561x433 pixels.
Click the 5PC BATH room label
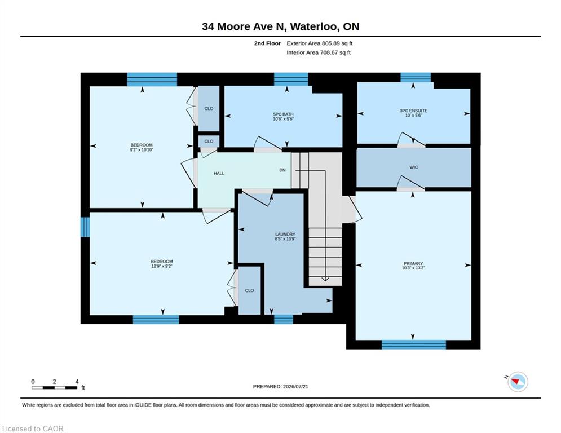tap(283, 114)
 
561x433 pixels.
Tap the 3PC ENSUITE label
tap(414, 111)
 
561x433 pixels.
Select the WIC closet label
tap(414, 167)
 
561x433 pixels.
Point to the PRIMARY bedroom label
tap(413, 263)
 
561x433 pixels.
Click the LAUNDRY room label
tap(285, 235)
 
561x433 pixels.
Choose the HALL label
tap(219, 173)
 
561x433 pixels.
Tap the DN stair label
tap(282, 170)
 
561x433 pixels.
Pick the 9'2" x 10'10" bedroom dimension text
tap(142, 150)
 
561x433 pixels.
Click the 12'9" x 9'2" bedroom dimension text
tap(162, 266)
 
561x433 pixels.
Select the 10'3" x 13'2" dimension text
tap(413, 268)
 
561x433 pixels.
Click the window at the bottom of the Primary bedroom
tap(414, 344)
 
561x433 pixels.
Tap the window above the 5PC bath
tap(291, 79)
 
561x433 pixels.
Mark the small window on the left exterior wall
tap(85, 227)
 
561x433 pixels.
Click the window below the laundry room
tap(284, 319)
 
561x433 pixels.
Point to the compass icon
tap(518, 382)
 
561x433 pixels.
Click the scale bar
tap(54, 387)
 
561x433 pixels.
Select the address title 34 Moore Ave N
tap(245, 26)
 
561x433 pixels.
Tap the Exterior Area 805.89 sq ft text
tap(320, 43)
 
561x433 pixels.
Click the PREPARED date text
tap(281, 386)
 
